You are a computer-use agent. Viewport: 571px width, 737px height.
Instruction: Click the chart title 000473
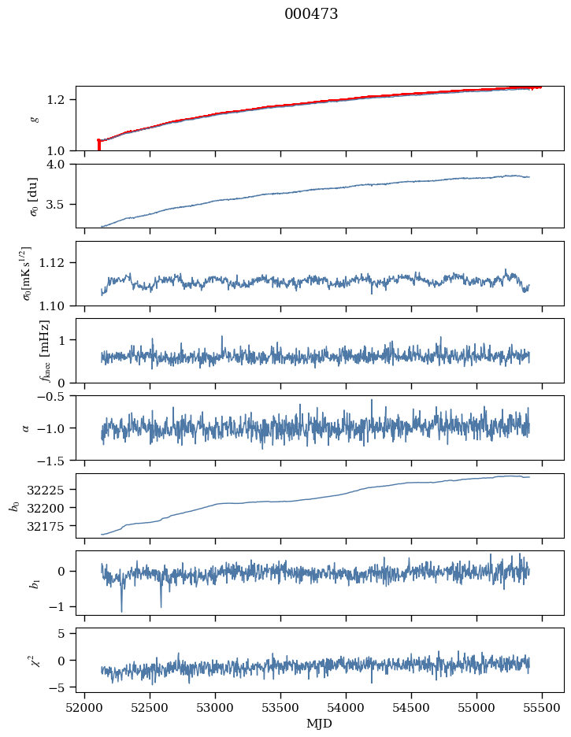311,14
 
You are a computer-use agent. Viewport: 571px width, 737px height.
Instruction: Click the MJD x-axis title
320,723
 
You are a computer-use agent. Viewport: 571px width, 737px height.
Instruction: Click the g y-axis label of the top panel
34,118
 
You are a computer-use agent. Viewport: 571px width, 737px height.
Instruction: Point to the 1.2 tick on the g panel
62,99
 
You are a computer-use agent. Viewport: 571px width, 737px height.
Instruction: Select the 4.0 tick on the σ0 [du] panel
62,164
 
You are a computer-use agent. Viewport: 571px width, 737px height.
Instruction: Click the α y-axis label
26,428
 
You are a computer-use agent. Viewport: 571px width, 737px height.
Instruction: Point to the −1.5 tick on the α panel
56,460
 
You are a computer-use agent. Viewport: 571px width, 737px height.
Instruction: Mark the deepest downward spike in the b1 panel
121,611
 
